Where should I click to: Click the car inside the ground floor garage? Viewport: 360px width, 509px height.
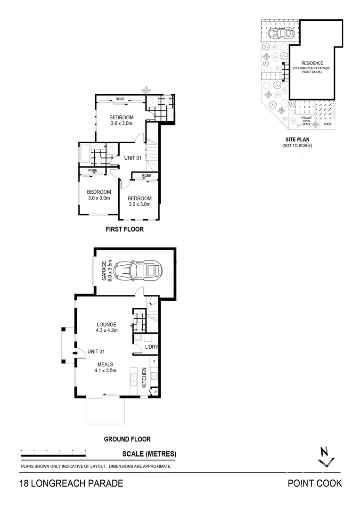pos(138,271)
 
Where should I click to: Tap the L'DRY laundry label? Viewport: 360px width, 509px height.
pos(151,347)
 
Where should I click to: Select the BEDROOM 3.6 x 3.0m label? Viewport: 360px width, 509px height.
pos(122,120)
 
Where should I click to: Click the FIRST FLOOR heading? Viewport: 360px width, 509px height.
pos(124,230)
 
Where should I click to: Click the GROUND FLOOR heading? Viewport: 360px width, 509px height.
pos(127,439)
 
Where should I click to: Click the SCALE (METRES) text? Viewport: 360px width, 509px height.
pos(149,454)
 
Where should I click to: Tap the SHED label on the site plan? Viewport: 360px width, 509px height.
pos(327,125)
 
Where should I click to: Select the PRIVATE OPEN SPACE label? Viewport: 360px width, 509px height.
pos(306,121)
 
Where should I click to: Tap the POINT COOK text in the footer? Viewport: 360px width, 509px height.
pos(315,483)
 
